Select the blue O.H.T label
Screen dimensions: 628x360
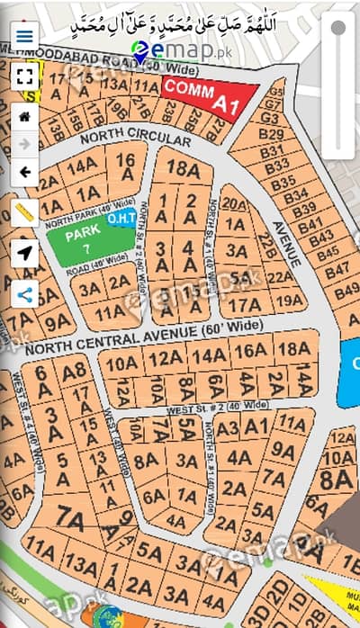point(121,219)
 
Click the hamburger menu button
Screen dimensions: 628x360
point(24,36)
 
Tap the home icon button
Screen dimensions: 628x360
point(24,116)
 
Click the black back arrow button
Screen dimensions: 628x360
point(24,172)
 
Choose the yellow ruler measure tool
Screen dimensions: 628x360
point(24,212)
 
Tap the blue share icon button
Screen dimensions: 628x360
point(24,293)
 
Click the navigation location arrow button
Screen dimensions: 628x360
point(24,253)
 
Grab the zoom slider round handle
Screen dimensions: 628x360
point(338,28)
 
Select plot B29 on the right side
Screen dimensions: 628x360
point(270,134)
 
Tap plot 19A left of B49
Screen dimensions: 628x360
point(289,300)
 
